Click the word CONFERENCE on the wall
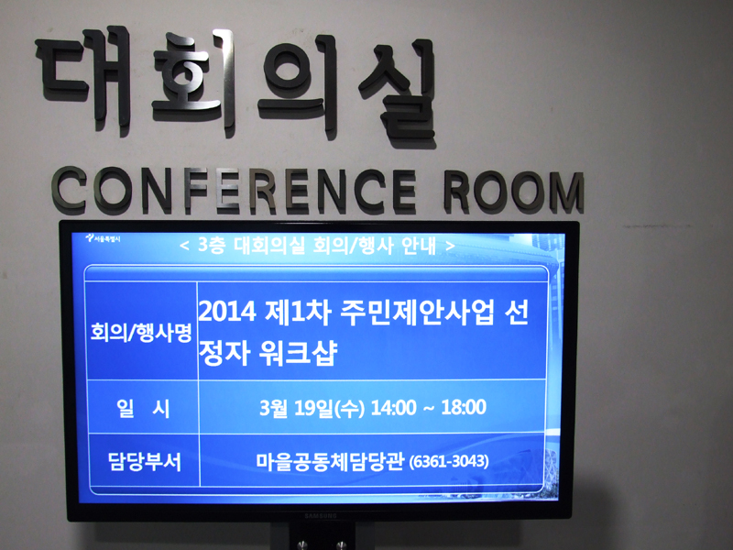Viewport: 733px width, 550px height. click(x=234, y=190)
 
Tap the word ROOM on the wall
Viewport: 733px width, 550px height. click(x=514, y=192)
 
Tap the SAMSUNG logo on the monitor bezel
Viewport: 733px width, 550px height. click(x=321, y=516)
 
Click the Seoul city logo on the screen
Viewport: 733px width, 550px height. click(x=103, y=238)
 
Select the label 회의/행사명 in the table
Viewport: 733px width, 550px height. click(x=141, y=332)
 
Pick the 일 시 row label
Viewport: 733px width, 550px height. click(x=143, y=408)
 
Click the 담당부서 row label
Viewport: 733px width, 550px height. click(x=145, y=462)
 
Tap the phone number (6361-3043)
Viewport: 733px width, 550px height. click(x=449, y=462)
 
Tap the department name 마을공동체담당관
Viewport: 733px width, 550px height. click(x=330, y=461)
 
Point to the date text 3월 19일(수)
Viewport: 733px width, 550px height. click(x=312, y=408)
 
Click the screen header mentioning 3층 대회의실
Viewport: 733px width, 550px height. click(x=317, y=245)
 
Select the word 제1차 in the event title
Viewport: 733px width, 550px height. click(x=298, y=312)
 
